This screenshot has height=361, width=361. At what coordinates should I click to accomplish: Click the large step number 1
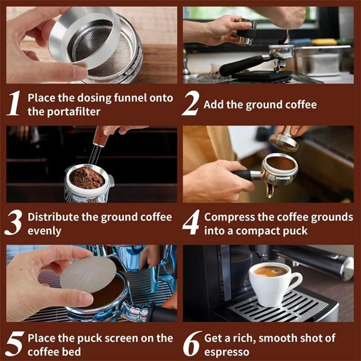[x=14, y=103]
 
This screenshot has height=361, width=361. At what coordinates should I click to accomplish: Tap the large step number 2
[x=190, y=103]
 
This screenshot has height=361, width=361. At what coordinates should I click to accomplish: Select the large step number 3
[x=14, y=222]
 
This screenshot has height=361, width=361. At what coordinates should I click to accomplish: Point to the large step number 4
[x=191, y=222]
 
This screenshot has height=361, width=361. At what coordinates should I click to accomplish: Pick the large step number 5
[x=14, y=344]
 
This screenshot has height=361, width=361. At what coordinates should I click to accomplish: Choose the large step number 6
[x=191, y=344]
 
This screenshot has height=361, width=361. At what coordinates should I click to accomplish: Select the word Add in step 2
[x=213, y=105]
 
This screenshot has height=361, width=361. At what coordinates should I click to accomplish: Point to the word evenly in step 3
[x=44, y=231]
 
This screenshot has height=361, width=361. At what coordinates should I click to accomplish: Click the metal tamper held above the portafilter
[x=284, y=139]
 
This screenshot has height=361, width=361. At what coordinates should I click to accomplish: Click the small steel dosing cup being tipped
[x=246, y=32]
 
